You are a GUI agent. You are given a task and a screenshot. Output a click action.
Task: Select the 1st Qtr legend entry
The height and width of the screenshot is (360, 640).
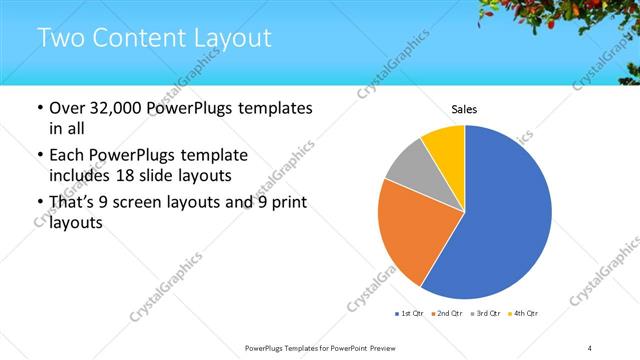(411, 314)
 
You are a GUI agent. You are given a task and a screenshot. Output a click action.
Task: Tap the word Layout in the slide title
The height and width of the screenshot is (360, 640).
(232, 40)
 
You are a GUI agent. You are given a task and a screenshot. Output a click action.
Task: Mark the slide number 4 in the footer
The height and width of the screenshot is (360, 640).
(590, 347)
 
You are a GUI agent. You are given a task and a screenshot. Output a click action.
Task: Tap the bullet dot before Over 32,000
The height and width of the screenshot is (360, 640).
(38, 108)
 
